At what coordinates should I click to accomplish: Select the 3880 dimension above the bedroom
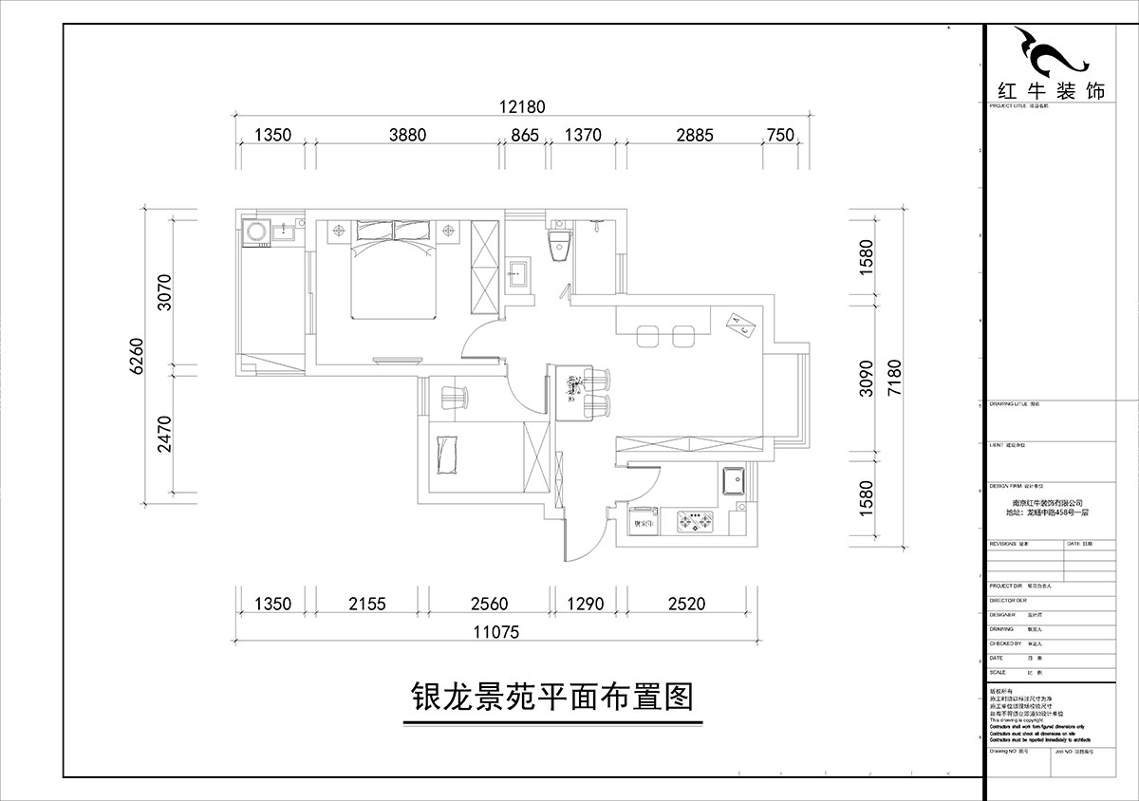pos(407,135)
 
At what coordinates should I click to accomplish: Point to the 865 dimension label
pos(525,135)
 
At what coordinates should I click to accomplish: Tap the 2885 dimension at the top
pos(694,135)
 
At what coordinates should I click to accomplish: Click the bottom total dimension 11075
pos(494,631)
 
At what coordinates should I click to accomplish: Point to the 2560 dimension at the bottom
pos(489,604)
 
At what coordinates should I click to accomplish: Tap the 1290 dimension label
pos(585,604)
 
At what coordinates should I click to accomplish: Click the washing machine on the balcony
pos(255,233)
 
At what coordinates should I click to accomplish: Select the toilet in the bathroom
pos(559,244)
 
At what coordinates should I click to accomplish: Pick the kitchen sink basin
pos(733,481)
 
